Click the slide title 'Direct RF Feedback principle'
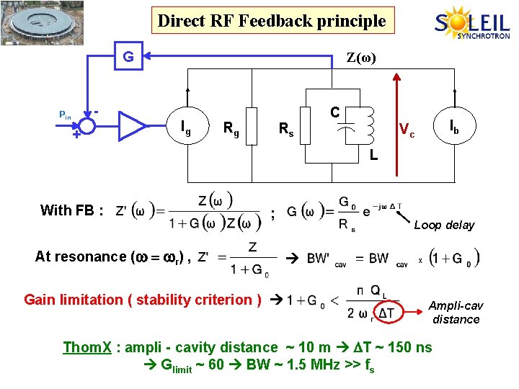[x=272, y=21]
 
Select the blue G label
[x=127, y=55]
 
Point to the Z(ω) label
[x=361, y=57]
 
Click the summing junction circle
[x=86, y=126]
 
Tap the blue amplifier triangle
[x=132, y=125]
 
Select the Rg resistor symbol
[x=252, y=126]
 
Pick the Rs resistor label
[x=286, y=130]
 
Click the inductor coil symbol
[x=370, y=125]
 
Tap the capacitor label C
[x=334, y=112]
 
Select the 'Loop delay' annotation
[x=444, y=225]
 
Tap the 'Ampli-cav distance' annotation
[x=456, y=313]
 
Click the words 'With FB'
[x=71, y=210]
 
